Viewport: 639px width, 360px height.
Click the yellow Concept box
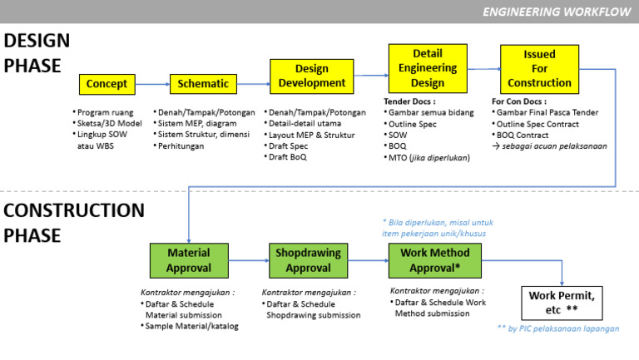[106, 84]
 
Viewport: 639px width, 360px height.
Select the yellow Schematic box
[204, 84]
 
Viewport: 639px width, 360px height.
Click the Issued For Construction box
[539, 68]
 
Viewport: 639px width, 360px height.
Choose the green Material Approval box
[188, 260]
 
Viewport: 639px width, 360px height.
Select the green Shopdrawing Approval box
[308, 260]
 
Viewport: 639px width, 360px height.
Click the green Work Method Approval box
[434, 260]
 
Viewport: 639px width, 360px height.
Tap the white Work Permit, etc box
[562, 303]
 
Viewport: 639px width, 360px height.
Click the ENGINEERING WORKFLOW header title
[557, 12]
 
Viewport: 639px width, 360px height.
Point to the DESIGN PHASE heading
[37, 53]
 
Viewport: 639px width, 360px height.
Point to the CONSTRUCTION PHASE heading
[73, 223]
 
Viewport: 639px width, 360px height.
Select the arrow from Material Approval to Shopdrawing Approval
[248, 261]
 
